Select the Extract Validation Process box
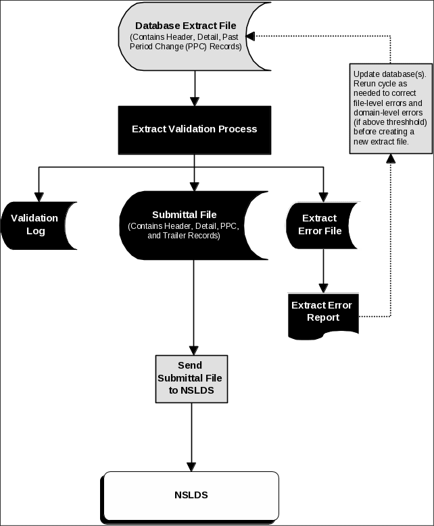pos(195,128)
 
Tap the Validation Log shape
pos(37,225)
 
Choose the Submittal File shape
pos(194,225)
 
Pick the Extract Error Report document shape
pos(322,311)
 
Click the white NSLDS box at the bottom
pos(191,496)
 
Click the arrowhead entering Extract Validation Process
pos(195,101)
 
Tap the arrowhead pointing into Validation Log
pos(39,197)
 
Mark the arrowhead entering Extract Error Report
pos(323,288)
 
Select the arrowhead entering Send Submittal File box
pos(194,350)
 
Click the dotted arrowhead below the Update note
pos(391,159)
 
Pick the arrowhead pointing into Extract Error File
pos(323,197)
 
